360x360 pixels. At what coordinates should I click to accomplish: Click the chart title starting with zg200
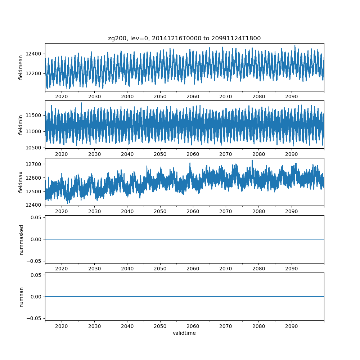tap(184, 38)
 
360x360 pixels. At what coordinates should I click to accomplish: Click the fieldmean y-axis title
tap(21, 67)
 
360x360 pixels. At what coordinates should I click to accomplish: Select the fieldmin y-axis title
tap(21, 125)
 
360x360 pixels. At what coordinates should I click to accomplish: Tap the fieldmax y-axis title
tap(21, 182)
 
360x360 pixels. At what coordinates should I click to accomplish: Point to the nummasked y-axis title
tap(21, 239)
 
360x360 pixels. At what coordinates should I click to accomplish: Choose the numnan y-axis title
tap(21, 297)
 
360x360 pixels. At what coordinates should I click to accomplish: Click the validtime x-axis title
tap(184, 333)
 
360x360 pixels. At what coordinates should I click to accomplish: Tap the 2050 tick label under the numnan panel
tap(160, 326)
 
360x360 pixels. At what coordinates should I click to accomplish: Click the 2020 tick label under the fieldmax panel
tap(62, 211)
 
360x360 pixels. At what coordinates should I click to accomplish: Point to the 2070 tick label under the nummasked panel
tap(226, 269)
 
